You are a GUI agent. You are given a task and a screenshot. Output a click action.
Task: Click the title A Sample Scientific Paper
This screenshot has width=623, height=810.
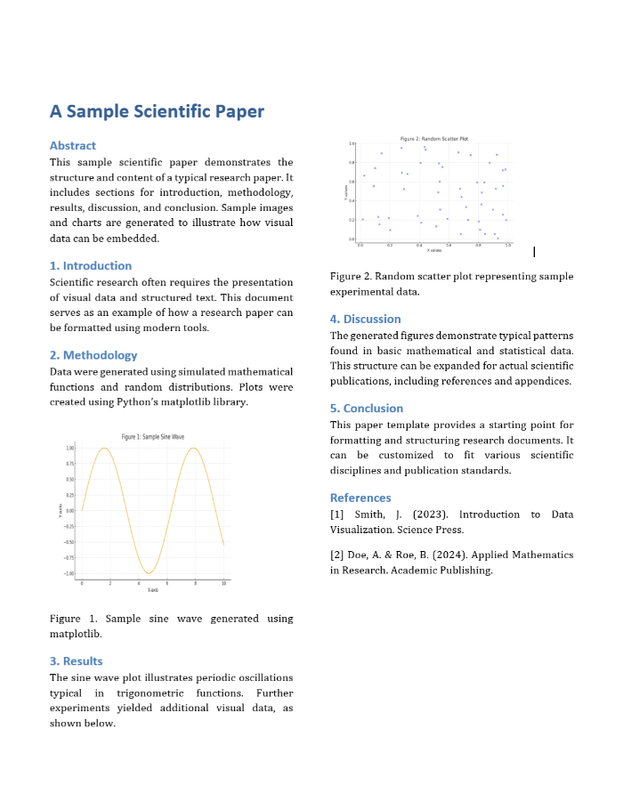[x=157, y=111]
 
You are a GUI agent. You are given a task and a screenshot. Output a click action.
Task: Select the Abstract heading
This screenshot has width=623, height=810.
[x=73, y=145]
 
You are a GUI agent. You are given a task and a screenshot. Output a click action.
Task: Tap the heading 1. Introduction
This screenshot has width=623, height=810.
[x=91, y=265]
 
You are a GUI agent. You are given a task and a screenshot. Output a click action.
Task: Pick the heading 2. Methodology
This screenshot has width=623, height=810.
[x=93, y=355]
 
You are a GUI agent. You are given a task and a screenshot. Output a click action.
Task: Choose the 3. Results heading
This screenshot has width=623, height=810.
[x=76, y=661]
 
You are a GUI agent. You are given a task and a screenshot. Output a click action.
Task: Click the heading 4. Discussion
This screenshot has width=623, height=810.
[x=365, y=319]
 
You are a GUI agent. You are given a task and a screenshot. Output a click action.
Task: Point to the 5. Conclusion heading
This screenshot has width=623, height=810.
[x=367, y=409]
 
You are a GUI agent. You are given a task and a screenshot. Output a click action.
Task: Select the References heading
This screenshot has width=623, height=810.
[x=360, y=498]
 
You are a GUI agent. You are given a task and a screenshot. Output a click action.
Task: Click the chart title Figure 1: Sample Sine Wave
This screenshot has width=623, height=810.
[x=153, y=436]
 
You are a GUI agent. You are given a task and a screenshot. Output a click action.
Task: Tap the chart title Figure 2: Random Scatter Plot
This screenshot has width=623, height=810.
[x=434, y=139]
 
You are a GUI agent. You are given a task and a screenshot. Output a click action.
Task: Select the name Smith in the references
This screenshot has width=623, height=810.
[x=369, y=514]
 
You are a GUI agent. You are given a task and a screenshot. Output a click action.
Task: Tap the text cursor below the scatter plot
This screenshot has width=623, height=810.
[x=534, y=253]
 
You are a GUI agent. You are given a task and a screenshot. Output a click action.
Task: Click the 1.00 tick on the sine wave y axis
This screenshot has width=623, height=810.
[x=69, y=448]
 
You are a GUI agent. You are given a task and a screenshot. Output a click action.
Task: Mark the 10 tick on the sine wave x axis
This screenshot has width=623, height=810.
[x=223, y=582]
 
